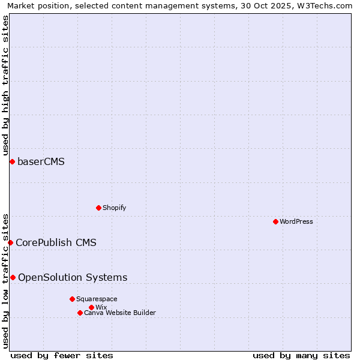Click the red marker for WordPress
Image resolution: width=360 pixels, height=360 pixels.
tap(275, 221)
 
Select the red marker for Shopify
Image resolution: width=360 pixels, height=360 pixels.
tap(98, 208)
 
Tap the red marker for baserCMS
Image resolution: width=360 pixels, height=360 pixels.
tap(12, 161)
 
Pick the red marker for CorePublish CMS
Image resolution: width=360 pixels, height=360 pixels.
tap(10, 242)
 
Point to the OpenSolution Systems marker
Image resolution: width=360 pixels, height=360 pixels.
tap(13, 277)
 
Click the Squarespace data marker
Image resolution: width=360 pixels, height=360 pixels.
tap(72, 299)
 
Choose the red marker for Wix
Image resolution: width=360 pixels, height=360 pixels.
tap(91, 307)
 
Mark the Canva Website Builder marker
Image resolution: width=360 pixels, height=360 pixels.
tap(80, 313)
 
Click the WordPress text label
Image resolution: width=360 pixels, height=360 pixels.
tap(296, 221)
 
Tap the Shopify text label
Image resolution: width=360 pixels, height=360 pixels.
tap(114, 208)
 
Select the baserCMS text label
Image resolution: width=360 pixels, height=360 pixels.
tap(41, 161)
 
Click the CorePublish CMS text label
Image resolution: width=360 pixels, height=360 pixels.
tap(56, 242)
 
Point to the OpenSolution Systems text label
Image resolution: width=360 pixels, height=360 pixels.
tap(73, 277)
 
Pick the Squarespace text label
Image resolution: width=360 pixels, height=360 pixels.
tap(97, 299)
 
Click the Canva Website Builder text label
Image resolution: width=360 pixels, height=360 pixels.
tap(120, 313)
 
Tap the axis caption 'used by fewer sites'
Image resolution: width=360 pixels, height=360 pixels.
tap(62, 355)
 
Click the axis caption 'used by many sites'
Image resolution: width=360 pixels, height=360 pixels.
tap(301, 355)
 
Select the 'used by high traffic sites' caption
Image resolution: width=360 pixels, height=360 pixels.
tap(5, 86)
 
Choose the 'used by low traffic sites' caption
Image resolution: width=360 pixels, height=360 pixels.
tap(5, 280)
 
